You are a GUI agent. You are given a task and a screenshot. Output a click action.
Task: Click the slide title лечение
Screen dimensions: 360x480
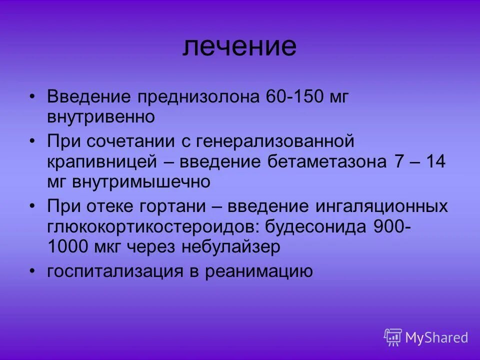click(x=239, y=46)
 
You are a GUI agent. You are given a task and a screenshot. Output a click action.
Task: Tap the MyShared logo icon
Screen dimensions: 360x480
click(x=393, y=337)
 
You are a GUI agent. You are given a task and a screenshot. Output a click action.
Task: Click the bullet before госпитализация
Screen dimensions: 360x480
click(x=33, y=270)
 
